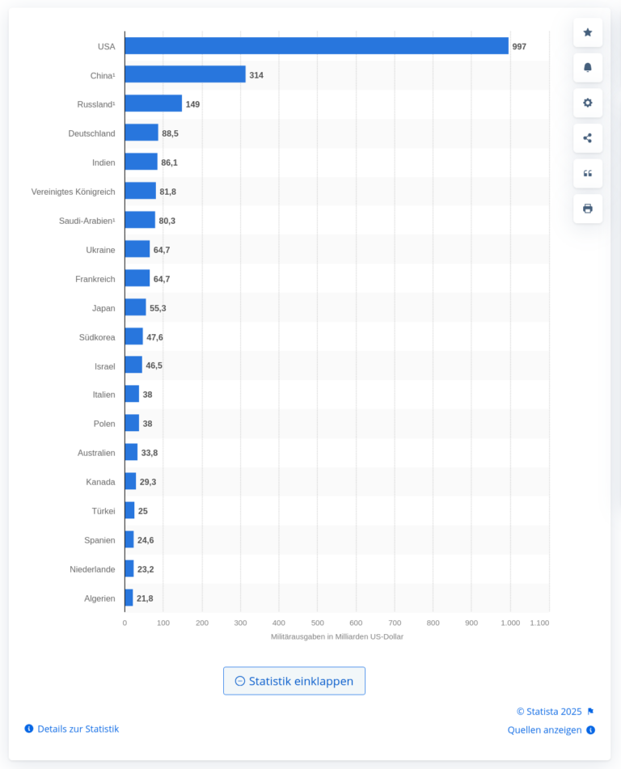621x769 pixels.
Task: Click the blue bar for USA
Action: (x=316, y=45)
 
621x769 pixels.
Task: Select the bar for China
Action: (x=185, y=74)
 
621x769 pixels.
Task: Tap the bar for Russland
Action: (x=154, y=104)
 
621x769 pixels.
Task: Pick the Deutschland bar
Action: (x=142, y=133)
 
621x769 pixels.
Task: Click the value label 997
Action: (x=519, y=47)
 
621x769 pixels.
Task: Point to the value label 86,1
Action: (x=169, y=163)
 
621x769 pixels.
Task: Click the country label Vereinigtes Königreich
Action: (x=73, y=192)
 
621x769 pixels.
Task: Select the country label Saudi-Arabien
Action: (x=87, y=221)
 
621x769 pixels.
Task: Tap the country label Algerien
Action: (x=99, y=598)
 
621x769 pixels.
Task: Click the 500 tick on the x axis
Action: (x=317, y=623)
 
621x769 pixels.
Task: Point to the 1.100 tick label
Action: (x=539, y=623)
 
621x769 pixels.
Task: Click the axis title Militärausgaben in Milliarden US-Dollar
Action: (x=337, y=636)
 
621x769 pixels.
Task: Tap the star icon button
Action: (x=588, y=32)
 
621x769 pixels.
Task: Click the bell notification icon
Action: (x=588, y=68)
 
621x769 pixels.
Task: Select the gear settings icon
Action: (x=588, y=103)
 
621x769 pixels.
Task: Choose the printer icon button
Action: (x=588, y=209)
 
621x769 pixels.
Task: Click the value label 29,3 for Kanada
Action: (x=148, y=482)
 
